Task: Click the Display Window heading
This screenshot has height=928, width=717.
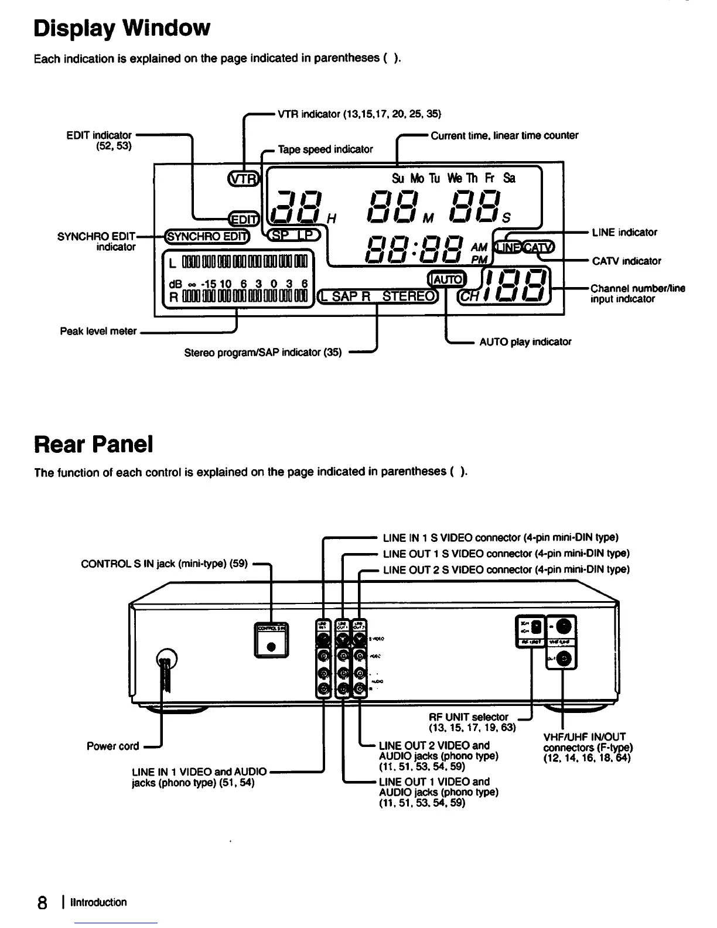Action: click(x=121, y=28)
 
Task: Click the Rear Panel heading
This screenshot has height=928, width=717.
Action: click(x=94, y=445)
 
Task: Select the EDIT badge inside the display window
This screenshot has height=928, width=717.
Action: click(x=243, y=219)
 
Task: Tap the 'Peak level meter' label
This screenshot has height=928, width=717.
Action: click(x=98, y=332)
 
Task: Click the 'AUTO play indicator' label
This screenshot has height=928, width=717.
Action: click(x=525, y=342)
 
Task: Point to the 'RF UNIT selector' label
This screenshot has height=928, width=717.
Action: click(x=468, y=717)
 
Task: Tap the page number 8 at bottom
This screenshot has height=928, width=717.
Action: click(x=42, y=903)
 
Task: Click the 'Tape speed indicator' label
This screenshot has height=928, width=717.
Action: click(x=325, y=149)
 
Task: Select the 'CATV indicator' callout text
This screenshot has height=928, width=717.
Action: click(x=626, y=261)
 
